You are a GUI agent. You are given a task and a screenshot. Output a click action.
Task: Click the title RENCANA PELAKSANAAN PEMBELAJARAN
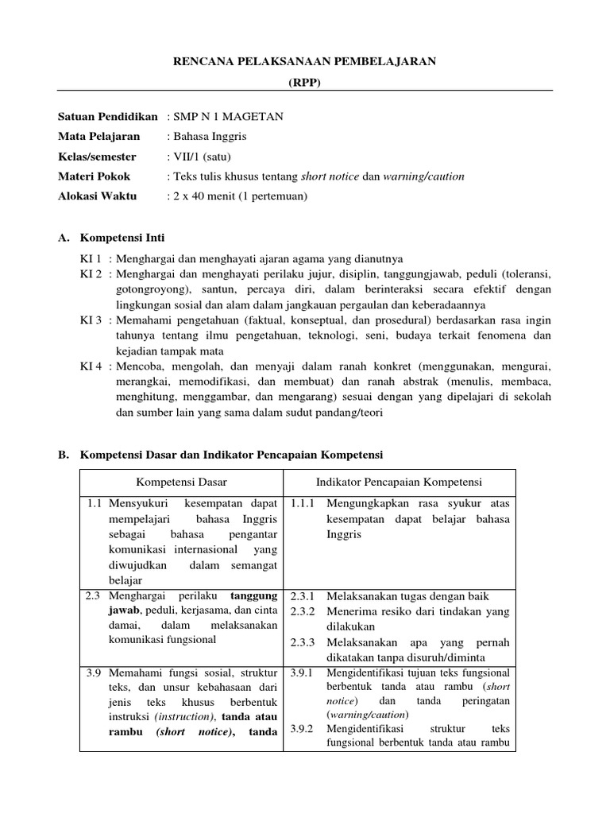click(305, 61)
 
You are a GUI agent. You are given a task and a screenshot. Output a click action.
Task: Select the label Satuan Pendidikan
click(108, 116)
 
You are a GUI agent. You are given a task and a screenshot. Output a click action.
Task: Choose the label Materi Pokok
click(95, 176)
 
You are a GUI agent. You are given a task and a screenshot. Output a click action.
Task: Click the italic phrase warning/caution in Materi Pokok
click(424, 176)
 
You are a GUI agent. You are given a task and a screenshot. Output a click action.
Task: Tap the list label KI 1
click(91, 258)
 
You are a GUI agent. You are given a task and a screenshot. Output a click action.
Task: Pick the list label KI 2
click(91, 273)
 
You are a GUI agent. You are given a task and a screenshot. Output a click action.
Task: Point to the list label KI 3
click(91, 320)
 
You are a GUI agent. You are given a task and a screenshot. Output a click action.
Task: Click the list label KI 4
click(91, 366)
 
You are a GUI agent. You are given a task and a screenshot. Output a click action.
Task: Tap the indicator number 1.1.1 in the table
click(303, 504)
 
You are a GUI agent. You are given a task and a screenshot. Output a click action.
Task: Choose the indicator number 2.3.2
click(303, 611)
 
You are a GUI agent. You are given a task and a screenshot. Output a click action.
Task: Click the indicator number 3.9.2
click(303, 728)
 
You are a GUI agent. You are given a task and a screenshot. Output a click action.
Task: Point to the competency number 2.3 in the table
click(95, 595)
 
